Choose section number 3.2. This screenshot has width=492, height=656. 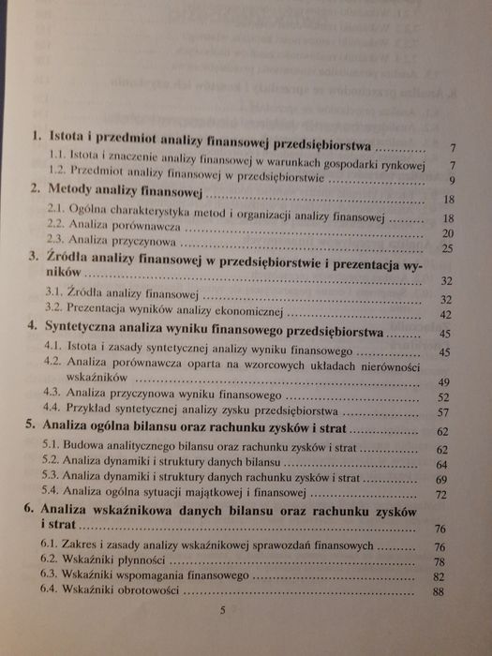coord(54,313)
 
